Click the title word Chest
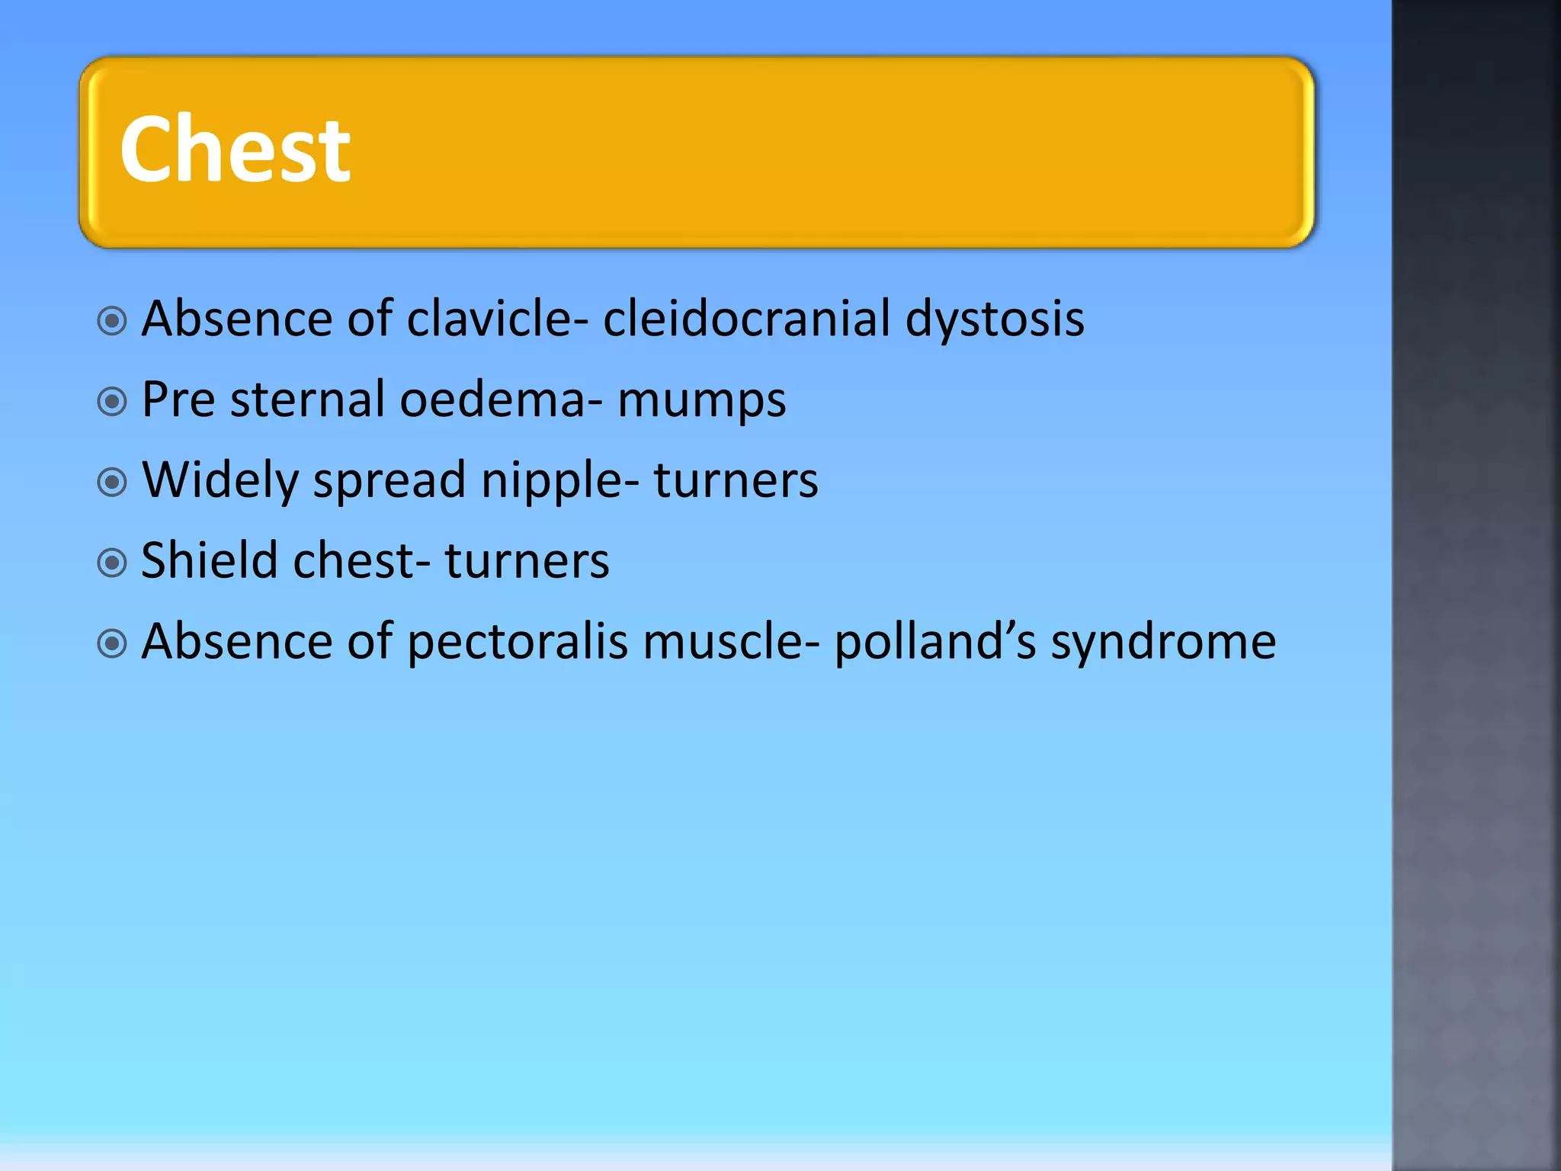[x=235, y=149]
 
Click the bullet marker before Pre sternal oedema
[x=112, y=401]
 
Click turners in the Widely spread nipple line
[x=736, y=481]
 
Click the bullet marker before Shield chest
[x=112, y=563]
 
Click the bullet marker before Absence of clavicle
[x=112, y=321]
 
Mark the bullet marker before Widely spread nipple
[x=112, y=483]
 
